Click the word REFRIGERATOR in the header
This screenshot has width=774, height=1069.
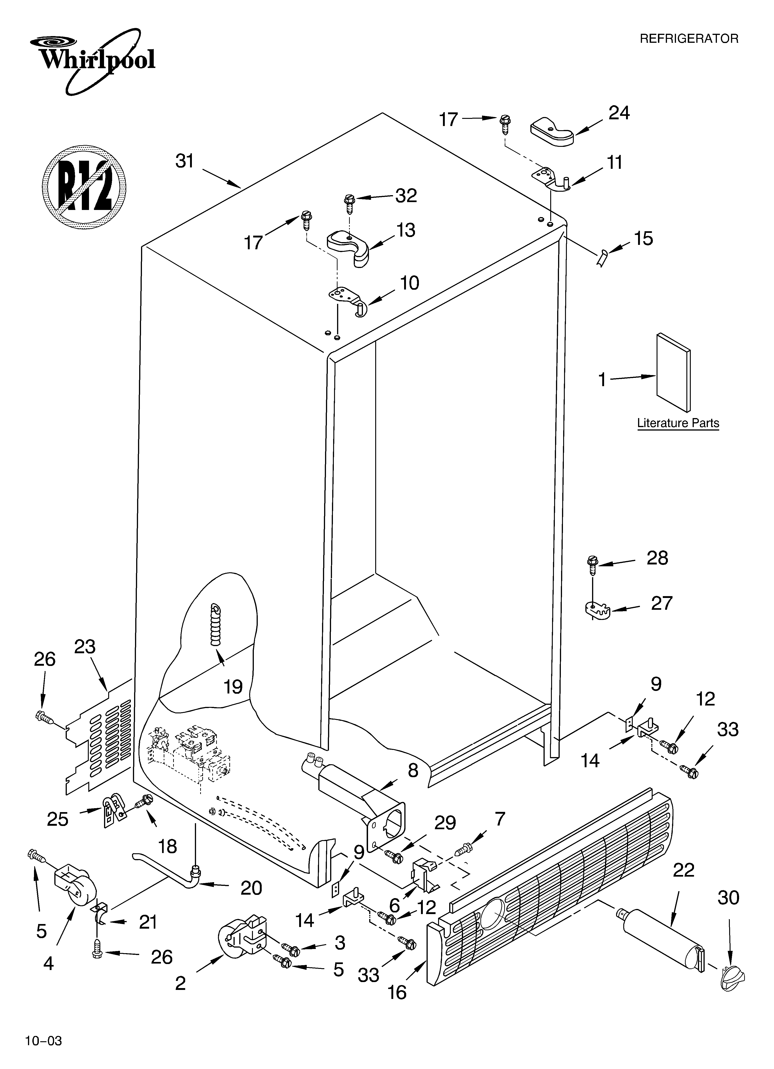[689, 39]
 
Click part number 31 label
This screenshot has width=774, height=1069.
[185, 161]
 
